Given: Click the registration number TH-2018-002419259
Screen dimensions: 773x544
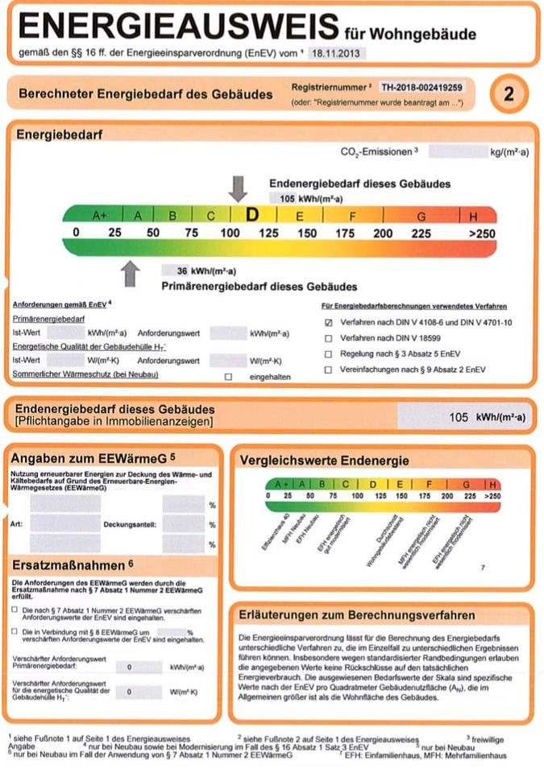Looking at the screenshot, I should pyautogui.click(x=423, y=85).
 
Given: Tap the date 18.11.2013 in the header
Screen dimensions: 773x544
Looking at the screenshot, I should pyautogui.click(x=338, y=54).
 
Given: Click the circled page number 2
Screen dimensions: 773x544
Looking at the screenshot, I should pyautogui.click(x=508, y=93).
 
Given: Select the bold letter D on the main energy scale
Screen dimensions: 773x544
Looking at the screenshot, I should pyautogui.click(x=252, y=215).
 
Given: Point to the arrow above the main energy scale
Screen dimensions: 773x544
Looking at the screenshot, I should pyautogui.click(x=238, y=188).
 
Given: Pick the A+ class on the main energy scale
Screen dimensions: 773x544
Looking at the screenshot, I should pyautogui.click(x=100, y=216).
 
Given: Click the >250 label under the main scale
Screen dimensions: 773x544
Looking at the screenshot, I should pyautogui.click(x=482, y=234).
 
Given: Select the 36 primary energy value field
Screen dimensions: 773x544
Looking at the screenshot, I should pyautogui.click(x=182, y=271).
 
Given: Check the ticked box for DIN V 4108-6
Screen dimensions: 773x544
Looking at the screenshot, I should pyautogui.click(x=328, y=322).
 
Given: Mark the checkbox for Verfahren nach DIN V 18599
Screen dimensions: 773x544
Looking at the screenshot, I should pyautogui.click(x=328, y=338).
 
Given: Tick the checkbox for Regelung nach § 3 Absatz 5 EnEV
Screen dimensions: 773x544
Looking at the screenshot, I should pyautogui.click(x=328, y=353).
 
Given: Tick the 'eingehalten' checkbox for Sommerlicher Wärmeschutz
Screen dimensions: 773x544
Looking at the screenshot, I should pyautogui.click(x=228, y=376).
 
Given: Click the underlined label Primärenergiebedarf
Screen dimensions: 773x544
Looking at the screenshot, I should pyautogui.click(x=48, y=320).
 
